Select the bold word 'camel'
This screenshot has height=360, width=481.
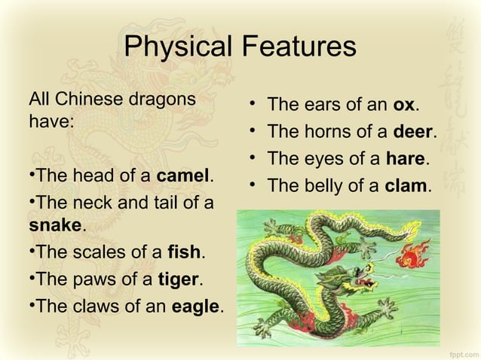183,176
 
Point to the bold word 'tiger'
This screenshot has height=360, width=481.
178,280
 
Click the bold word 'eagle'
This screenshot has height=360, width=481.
196,307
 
